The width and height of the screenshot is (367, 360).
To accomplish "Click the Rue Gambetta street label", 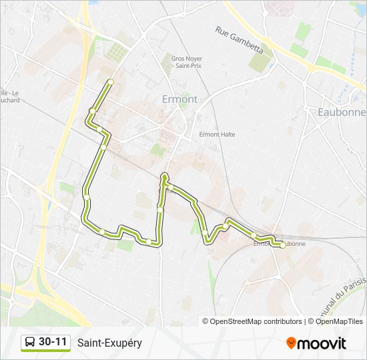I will click(240, 40).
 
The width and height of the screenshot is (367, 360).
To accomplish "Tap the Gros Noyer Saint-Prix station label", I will click(187, 63).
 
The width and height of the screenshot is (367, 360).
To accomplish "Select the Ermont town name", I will click(180, 99).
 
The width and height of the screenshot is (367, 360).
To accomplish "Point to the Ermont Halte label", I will click(218, 134).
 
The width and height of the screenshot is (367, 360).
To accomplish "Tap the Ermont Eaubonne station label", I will click(280, 244).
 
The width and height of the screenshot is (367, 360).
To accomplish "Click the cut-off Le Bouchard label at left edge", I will click(9, 97).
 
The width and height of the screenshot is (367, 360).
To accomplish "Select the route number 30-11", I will click(53, 342).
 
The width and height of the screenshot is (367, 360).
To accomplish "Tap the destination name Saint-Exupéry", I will click(109, 343).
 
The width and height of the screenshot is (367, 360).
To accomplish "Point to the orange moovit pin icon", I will click(292, 343).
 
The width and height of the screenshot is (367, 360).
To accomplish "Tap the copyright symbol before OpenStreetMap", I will click(206, 321).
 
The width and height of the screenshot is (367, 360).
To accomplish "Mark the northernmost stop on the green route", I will click(110, 82).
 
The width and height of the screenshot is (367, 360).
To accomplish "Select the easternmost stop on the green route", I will click(282, 245).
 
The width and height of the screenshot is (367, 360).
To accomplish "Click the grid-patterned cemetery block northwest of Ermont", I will click(115, 52).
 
